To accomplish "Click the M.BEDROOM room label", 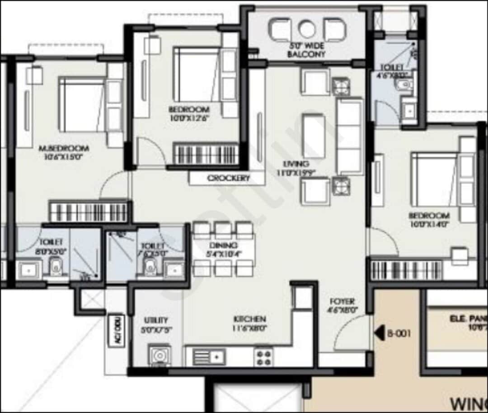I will point(64,148).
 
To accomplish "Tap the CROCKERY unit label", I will point(229,178).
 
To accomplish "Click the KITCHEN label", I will point(249,319).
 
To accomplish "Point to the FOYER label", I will point(342,301).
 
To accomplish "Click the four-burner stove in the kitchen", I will point(264,357).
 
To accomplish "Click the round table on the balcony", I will point(307,30).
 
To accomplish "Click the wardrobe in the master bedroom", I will point(88,211).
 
